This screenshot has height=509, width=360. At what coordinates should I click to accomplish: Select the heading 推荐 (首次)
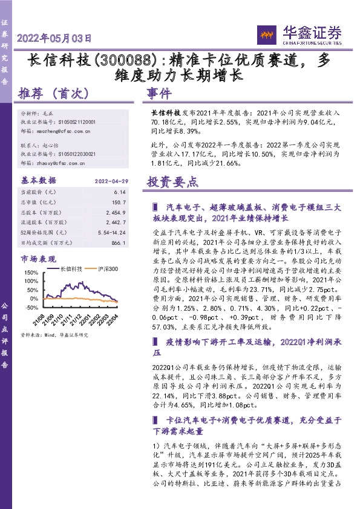click(x=54, y=94)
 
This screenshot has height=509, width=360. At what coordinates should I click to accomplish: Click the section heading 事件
click(x=160, y=94)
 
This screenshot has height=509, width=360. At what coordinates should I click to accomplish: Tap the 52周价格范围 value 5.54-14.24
click(x=109, y=232)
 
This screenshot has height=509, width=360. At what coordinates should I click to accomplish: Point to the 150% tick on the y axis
click(x=30, y=273)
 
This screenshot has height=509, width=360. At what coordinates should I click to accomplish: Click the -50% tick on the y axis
click(x=30, y=308)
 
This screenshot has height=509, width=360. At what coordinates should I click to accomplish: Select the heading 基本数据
click(x=37, y=180)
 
